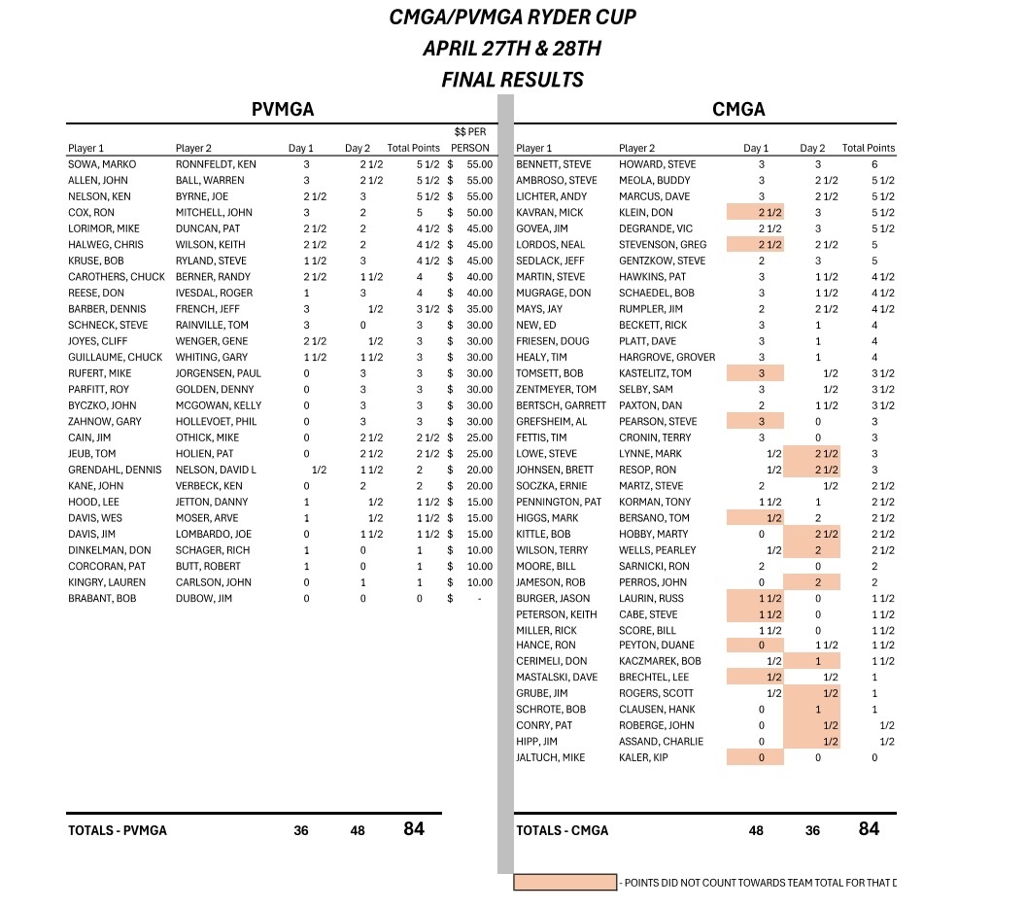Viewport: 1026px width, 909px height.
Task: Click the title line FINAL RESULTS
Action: pyautogui.click(x=512, y=79)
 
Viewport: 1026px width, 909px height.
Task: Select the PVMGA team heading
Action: pyautogui.click(x=283, y=110)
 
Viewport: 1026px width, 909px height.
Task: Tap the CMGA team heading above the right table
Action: pyautogui.click(x=738, y=110)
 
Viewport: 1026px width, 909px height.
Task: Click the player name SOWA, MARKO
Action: pyautogui.click(x=102, y=164)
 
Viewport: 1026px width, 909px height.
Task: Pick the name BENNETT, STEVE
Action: pyautogui.click(x=553, y=164)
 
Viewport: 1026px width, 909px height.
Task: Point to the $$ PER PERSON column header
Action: pyautogui.click(x=471, y=140)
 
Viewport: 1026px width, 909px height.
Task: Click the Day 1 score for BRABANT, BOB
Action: pyautogui.click(x=306, y=599)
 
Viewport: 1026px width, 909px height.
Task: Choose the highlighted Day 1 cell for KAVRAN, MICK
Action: pyautogui.click(x=755, y=213)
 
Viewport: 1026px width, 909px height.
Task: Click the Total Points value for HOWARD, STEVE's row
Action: pyautogui.click(x=874, y=164)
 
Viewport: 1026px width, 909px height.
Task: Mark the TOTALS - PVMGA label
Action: pyautogui.click(x=118, y=831)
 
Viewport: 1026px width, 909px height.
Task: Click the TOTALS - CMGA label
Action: pyautogui.click(x=563, y=831)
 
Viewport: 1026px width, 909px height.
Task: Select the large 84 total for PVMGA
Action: pyautogui.click(x=414, y=829)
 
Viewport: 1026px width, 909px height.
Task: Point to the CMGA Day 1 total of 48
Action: pyautogui.click(x=756, y=831)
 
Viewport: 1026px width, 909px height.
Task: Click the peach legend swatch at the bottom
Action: pyautogui.click(x=565, y=883)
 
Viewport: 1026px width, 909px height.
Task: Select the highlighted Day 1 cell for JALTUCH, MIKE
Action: pyautogui.click(x=755, y=757)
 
